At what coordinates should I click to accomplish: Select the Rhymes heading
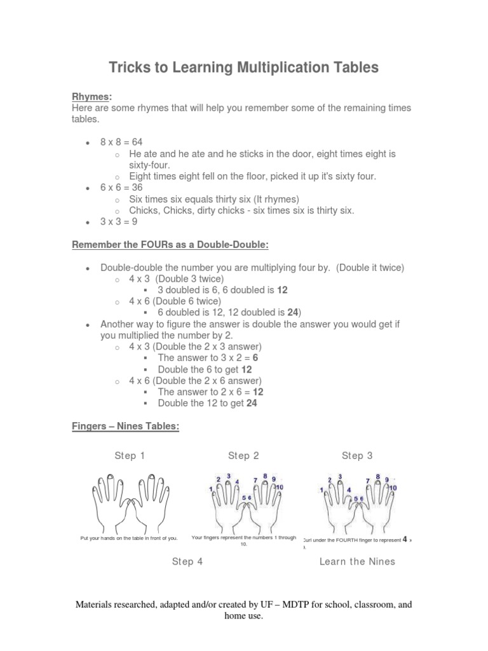91,96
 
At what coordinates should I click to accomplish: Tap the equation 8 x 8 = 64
126,142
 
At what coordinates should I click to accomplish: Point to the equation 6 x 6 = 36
122,188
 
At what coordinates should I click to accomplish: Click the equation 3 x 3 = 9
119,222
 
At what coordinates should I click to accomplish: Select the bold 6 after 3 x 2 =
255,358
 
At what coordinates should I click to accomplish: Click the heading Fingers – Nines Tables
125,427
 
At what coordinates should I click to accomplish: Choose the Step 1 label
130,456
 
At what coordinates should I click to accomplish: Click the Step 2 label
243,456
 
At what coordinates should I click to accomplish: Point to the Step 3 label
357,456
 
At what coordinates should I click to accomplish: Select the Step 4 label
187,561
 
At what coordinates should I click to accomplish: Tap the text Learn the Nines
357,561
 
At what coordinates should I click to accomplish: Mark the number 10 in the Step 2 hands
279,486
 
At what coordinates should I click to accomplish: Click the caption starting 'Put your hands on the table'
129,538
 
